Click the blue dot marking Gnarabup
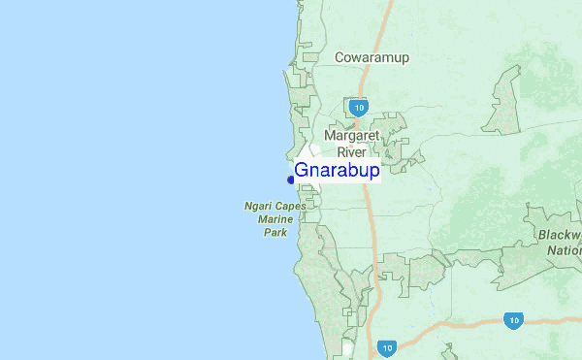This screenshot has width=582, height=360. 291,180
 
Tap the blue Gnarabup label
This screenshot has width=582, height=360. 337,172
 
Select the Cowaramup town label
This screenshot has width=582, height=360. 372,57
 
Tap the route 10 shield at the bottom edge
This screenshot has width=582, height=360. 387,346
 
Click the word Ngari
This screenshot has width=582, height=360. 257,207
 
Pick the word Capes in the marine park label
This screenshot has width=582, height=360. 290,207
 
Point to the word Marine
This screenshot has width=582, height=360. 275,220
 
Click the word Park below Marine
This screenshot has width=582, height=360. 275,234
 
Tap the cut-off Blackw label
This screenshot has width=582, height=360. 558,236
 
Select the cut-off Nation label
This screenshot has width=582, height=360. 564,250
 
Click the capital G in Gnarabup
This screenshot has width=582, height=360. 302,172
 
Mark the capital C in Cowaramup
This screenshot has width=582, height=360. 339,57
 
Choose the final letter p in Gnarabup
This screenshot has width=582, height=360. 374,174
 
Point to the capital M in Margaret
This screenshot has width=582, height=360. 333,135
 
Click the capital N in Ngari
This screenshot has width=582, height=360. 246,207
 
